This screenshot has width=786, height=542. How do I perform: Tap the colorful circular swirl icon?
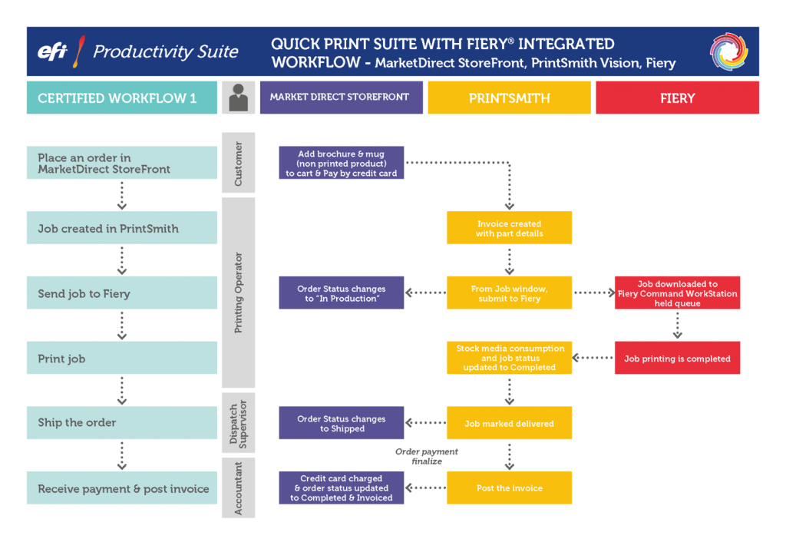pos(728,52)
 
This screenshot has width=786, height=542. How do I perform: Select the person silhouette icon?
pos(239,98)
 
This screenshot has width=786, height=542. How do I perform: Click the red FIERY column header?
pos(677,98)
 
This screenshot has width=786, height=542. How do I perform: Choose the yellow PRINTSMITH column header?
pos(509,98)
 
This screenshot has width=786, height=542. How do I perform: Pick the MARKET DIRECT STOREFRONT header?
pos(341,97)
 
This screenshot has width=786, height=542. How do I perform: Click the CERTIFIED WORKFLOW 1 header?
pos(121,98)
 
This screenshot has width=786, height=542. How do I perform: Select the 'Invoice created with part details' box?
pos(509,228)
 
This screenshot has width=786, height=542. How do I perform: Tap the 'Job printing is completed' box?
pos(677,359)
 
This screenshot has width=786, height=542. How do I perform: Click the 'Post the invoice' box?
pos(509,488)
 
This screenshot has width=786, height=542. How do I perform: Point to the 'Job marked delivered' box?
pos(509,424)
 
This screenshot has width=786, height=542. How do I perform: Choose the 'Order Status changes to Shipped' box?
pos(342,424)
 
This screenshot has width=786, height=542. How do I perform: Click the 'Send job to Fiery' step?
pos(121,293)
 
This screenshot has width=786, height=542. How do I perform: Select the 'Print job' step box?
pos(121,359)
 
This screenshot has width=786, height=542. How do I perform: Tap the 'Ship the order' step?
pos(121,422)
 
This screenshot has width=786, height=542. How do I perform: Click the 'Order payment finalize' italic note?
pos(427,456)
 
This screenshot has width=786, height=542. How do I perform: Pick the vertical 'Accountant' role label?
pos(238,488)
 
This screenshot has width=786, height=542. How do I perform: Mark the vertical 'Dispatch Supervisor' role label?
pos(238,423)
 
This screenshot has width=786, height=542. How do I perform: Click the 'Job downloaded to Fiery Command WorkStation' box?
pos(677,293)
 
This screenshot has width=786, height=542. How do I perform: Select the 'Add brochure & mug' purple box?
pos(342,164)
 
